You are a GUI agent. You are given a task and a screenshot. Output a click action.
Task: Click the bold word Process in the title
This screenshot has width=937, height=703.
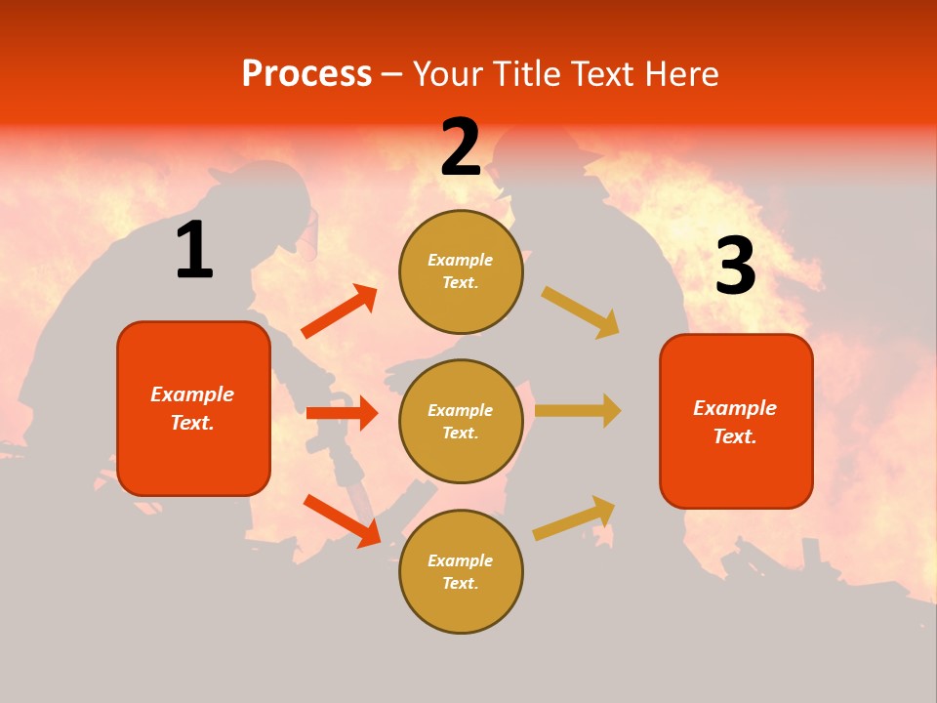point(306,74)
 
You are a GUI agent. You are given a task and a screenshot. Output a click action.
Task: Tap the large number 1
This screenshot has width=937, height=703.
point(194,251)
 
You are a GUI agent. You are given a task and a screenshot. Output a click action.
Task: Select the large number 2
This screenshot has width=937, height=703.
point(461,148)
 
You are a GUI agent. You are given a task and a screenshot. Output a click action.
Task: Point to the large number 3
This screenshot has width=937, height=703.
point(735,267)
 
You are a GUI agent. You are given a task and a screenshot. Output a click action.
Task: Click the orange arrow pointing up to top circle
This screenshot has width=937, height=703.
point(339,311)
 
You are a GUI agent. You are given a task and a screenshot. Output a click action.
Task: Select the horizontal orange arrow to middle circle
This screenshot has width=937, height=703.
point(342,413)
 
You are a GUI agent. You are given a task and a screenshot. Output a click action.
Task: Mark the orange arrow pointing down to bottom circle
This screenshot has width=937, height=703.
point(342,520)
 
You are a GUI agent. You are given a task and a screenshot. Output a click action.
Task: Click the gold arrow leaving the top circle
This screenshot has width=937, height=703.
point(580,311)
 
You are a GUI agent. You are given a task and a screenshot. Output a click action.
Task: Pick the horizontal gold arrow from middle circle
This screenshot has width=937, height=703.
point(578,410)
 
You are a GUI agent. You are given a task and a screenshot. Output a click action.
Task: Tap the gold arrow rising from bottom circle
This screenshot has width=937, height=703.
point(574,517)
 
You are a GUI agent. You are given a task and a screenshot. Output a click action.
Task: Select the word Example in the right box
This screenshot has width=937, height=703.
point(735,408)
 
